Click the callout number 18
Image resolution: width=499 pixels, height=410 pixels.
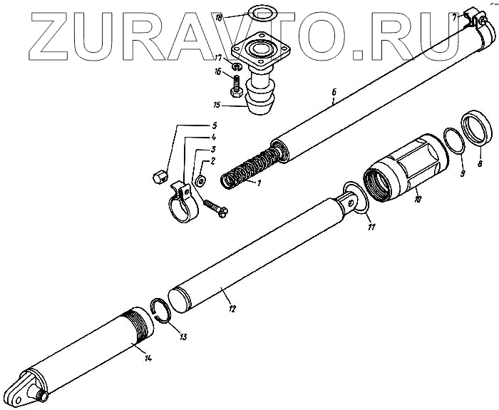tap(220, 15)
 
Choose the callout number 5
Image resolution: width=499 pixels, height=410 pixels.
tap(215, 125)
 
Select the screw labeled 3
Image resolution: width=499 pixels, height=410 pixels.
tap(215, 206)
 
